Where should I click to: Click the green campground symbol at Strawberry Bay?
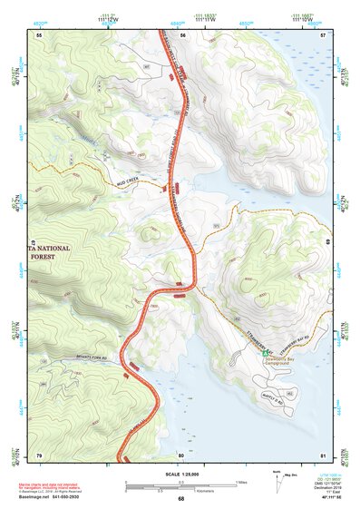[x=267, y=357]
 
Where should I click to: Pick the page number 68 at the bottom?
[x=180, y=498]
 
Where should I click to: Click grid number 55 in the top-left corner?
[x=39, y=34]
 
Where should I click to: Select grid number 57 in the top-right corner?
[x=324, y=34]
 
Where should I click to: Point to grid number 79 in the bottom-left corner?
[x=39, y=455]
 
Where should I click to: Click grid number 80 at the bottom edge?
[x=181, y=455]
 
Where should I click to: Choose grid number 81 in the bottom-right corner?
[x=324, y=455]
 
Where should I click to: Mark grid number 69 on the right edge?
[x=326, y=243]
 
